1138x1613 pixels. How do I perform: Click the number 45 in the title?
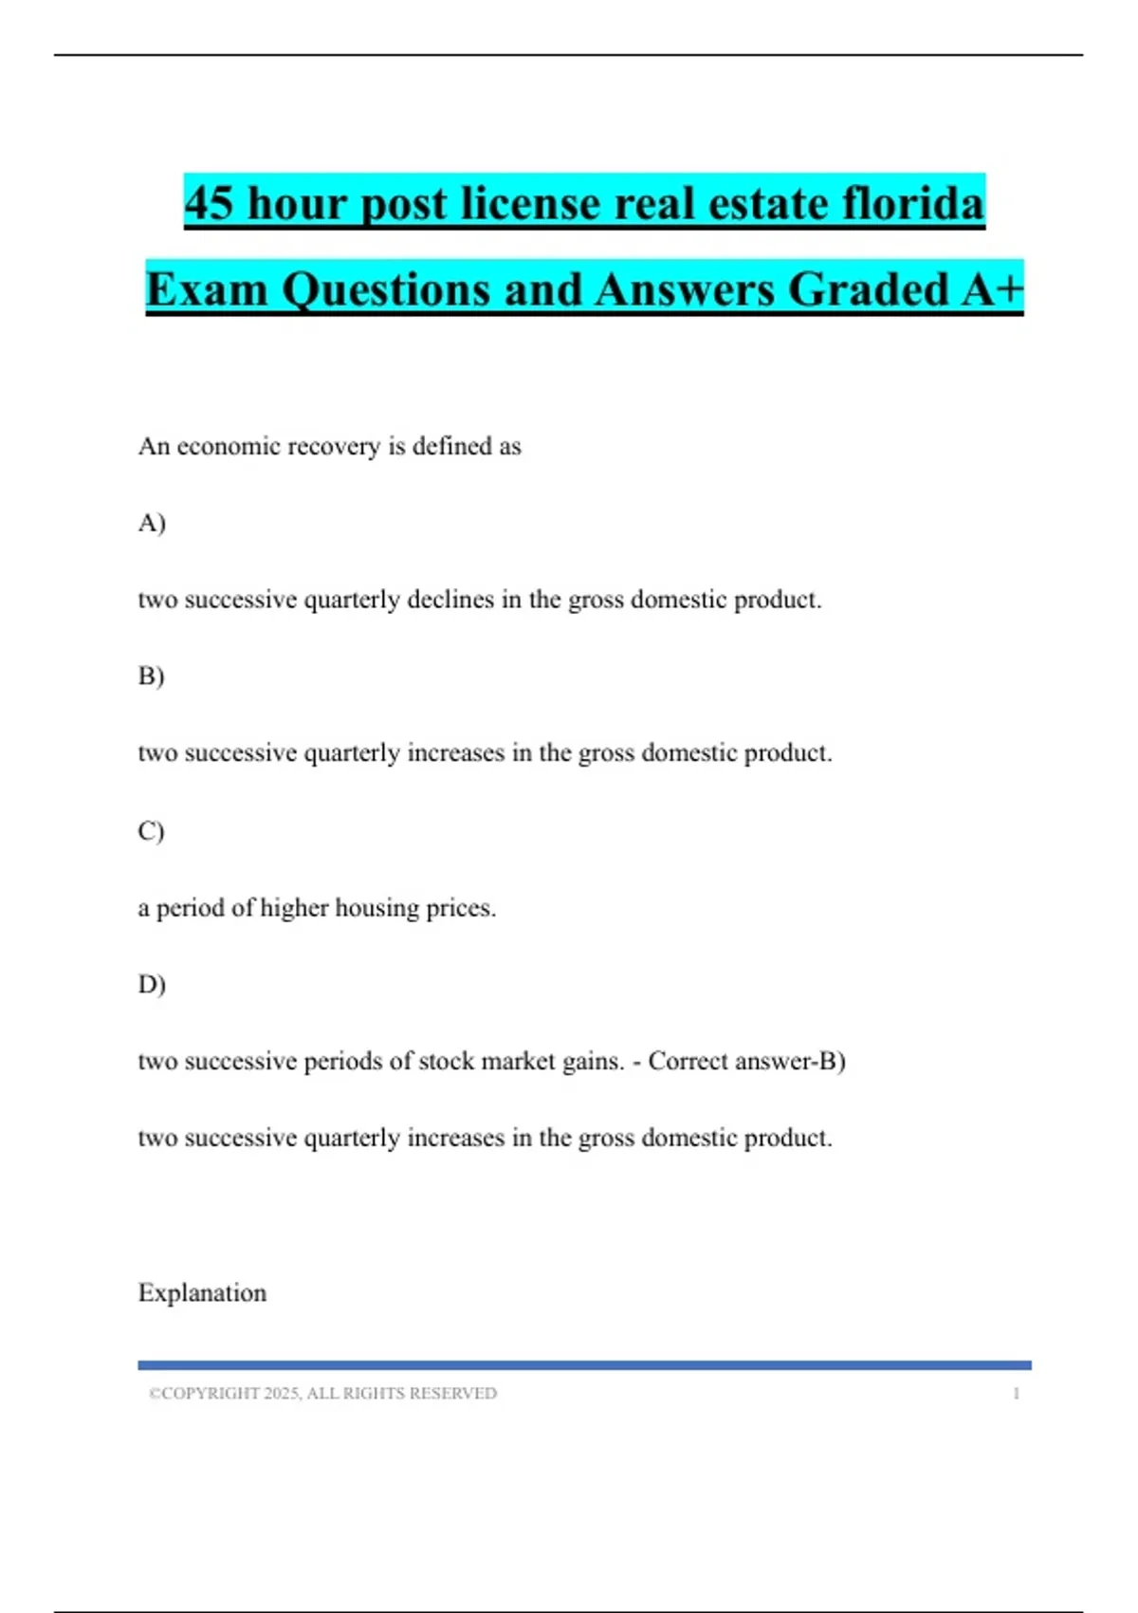(209, 204)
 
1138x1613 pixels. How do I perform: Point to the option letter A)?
(152, 523)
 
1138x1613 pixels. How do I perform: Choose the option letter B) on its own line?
(152, 677)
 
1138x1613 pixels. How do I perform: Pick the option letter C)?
(152, 831)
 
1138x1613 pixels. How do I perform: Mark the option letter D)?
(152, 985)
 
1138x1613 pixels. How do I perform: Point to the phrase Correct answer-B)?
(746, 1062)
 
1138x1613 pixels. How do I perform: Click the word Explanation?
(202, 1293)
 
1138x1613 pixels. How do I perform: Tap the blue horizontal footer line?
(584, 1365)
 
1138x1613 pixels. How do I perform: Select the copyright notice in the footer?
(322, 1394)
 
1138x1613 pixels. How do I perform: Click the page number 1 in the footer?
(1016, 1394)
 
